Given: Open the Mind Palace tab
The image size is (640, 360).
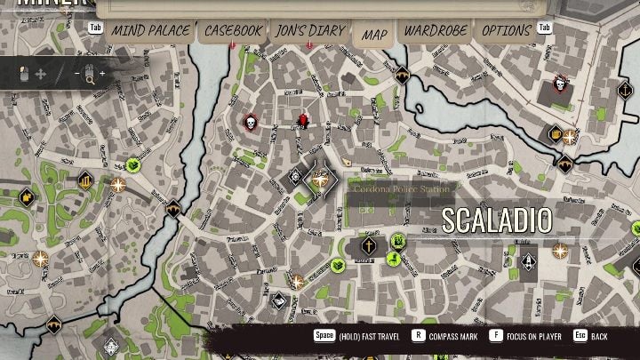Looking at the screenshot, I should coord(150,31).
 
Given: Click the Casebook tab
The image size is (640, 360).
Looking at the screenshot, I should coord(233,31).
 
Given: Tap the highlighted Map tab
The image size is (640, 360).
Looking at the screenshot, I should coord(374,35).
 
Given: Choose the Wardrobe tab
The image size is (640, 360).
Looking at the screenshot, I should coord(435,31).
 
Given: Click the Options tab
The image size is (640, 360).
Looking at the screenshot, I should coord(506,31).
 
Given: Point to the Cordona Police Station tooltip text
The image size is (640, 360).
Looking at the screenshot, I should coord(402,188).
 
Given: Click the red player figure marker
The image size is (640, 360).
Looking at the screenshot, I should coord(302,119).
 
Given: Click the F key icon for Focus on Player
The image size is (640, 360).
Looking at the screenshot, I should coord(495,337).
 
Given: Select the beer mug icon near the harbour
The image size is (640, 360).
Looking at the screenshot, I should coord(556,135).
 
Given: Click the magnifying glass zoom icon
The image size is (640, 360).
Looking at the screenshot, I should coord(90,76).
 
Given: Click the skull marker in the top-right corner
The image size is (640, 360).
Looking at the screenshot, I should coord(561,84).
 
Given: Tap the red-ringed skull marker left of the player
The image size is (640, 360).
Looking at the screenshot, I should coord(251,122).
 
